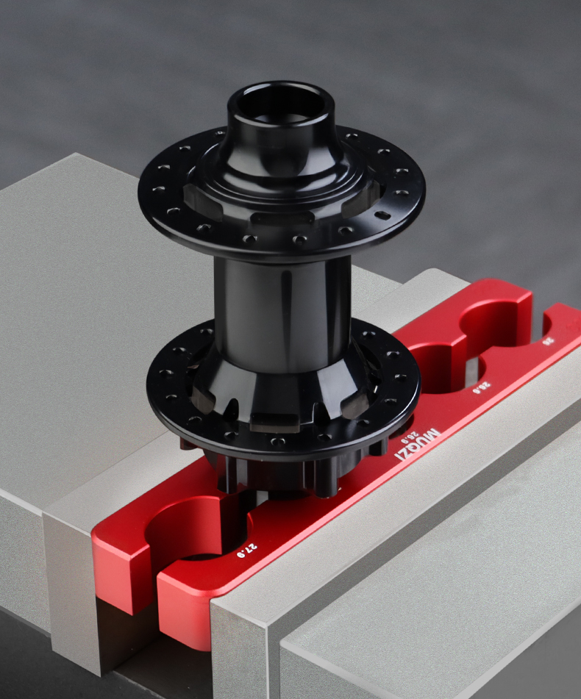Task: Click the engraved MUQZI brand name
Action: pos(419,444)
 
